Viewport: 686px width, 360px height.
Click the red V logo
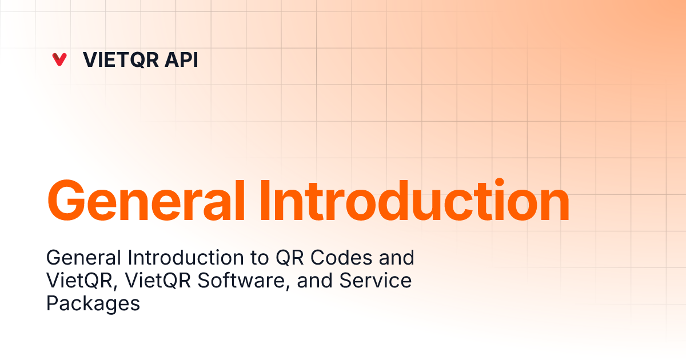[x=59, y=59]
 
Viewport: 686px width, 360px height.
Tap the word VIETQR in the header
[x=121, y=59]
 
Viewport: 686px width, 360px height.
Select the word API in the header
[x=181, y=59]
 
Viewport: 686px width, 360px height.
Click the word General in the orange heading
[x=146, y=200]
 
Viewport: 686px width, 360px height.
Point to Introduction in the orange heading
[x=415, y=199]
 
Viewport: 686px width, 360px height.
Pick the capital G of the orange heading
[x=66, y=200]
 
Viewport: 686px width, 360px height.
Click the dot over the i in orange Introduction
[x=500, y=182]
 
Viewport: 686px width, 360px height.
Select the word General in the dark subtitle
[x=83, y=258]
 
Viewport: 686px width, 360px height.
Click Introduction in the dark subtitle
[x=186, y=258]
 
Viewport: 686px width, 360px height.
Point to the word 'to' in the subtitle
[x=260, y=258]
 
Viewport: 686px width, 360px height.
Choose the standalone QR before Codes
[x=290, y=258]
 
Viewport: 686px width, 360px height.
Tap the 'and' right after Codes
[x=397, y=258]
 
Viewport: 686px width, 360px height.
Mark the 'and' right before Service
[x=314, y=281]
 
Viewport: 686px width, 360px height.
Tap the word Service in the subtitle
[x=376, y=281]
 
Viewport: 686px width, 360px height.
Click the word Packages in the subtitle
[x=93, y=303]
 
